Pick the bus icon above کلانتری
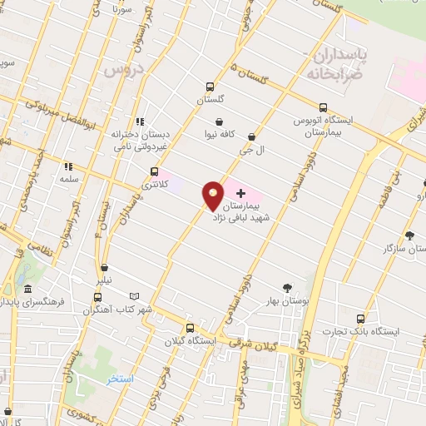153,172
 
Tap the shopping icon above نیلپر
104,268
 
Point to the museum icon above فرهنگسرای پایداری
28,290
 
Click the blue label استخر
120,379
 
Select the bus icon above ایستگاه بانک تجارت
360,319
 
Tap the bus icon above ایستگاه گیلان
191,328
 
